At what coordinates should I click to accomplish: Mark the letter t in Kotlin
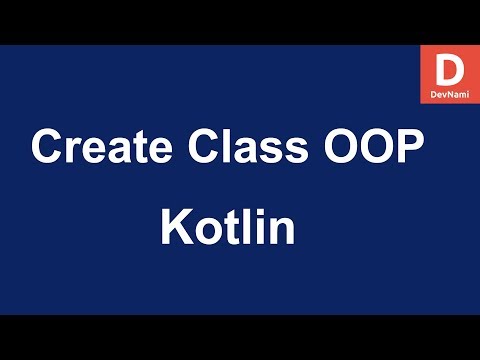pos(231,228)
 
